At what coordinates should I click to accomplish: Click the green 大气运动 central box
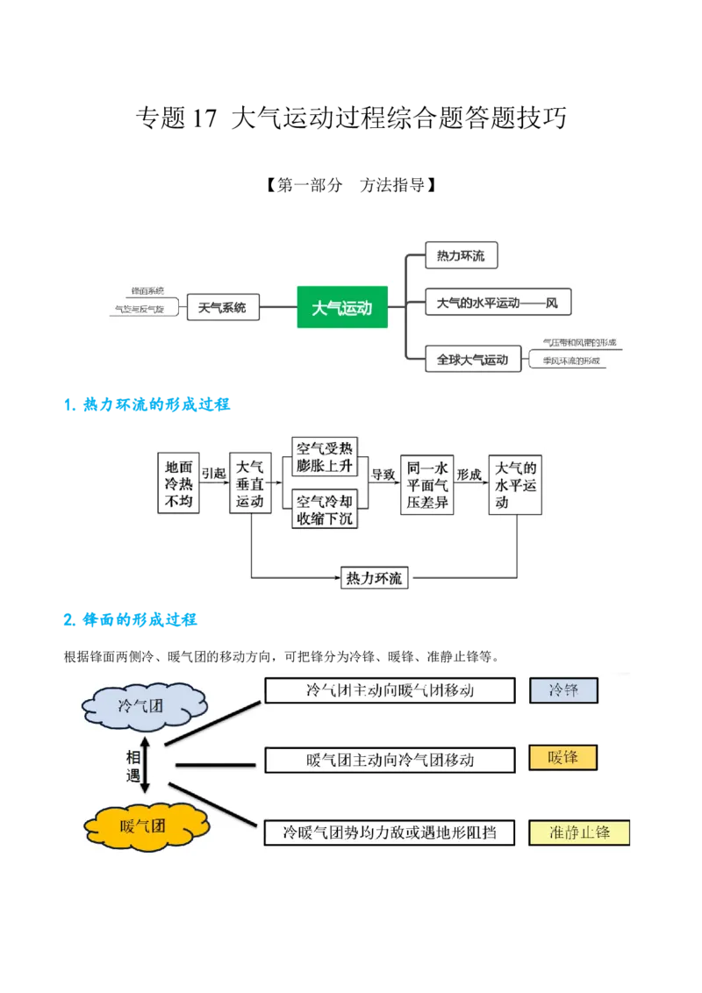[x=342, y=307]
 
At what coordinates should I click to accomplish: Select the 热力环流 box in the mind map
[x=461, y=255]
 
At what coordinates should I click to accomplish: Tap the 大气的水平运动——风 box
[x=498, y=304]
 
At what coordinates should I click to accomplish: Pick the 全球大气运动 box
[x=472, y=359]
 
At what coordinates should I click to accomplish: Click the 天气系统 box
[x=223, y=307]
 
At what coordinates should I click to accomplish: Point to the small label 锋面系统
[x=147, y=290]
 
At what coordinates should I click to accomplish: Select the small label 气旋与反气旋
[x=140, y=310]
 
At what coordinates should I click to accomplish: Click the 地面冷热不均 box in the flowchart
[x=178, y=483]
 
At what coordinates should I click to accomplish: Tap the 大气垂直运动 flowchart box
[x=250, y=483]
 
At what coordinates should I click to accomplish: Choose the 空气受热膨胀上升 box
[x=326, y=456]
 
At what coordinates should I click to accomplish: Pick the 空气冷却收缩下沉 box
[x=326, y=510]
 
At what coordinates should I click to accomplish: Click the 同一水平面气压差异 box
[x=427, y=483]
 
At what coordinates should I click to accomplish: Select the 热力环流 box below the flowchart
[x=375, y=578]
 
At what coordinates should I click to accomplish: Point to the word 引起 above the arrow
[x=213, y=473]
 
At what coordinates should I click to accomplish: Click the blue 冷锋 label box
[x=563, y=690]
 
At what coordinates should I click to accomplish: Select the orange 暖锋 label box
[x=562, y=758]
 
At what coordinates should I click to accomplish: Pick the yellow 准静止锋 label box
[x=579, y=832]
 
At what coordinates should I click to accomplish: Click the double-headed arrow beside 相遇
[x=147, y=764]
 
